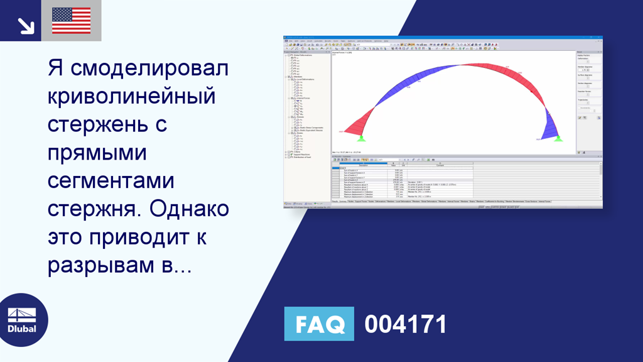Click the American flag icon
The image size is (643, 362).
71,21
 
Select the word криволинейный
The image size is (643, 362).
131,96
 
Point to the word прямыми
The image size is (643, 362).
97,153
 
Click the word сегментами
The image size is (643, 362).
111,181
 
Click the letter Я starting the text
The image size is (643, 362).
55,68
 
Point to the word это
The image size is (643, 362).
65,238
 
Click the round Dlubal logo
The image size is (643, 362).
23,320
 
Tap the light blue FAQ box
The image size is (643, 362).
318,324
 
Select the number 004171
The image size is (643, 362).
406,324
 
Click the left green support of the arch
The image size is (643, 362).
362,138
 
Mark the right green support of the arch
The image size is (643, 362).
558,138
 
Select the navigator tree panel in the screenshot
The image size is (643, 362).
306,126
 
